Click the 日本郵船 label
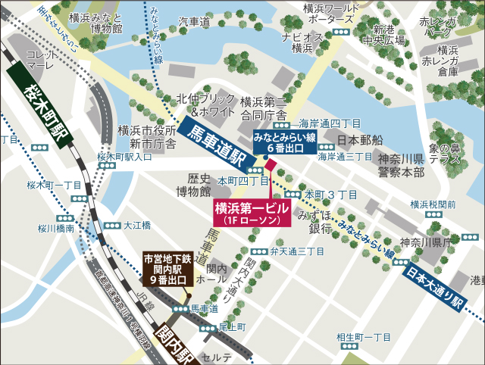point(361,141)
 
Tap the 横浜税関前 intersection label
point(432,204)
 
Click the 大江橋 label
point(137,225)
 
